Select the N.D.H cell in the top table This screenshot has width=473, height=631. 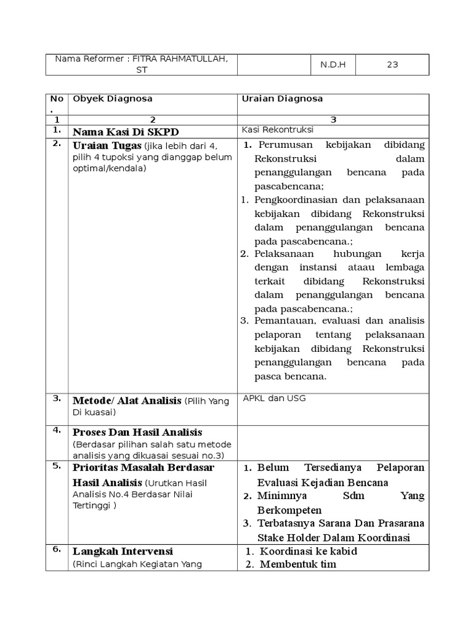333,65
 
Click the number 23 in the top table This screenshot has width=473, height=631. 392,65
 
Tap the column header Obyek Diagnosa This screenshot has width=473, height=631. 113,99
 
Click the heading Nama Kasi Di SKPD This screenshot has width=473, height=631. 126,132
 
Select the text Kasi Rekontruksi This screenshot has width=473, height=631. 278,130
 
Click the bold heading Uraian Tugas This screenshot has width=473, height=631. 108,145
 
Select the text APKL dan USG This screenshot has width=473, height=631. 274,398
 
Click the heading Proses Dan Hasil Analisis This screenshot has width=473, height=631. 137,433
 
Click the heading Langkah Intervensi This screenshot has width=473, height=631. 123,552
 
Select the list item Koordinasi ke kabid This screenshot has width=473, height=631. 308,552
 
